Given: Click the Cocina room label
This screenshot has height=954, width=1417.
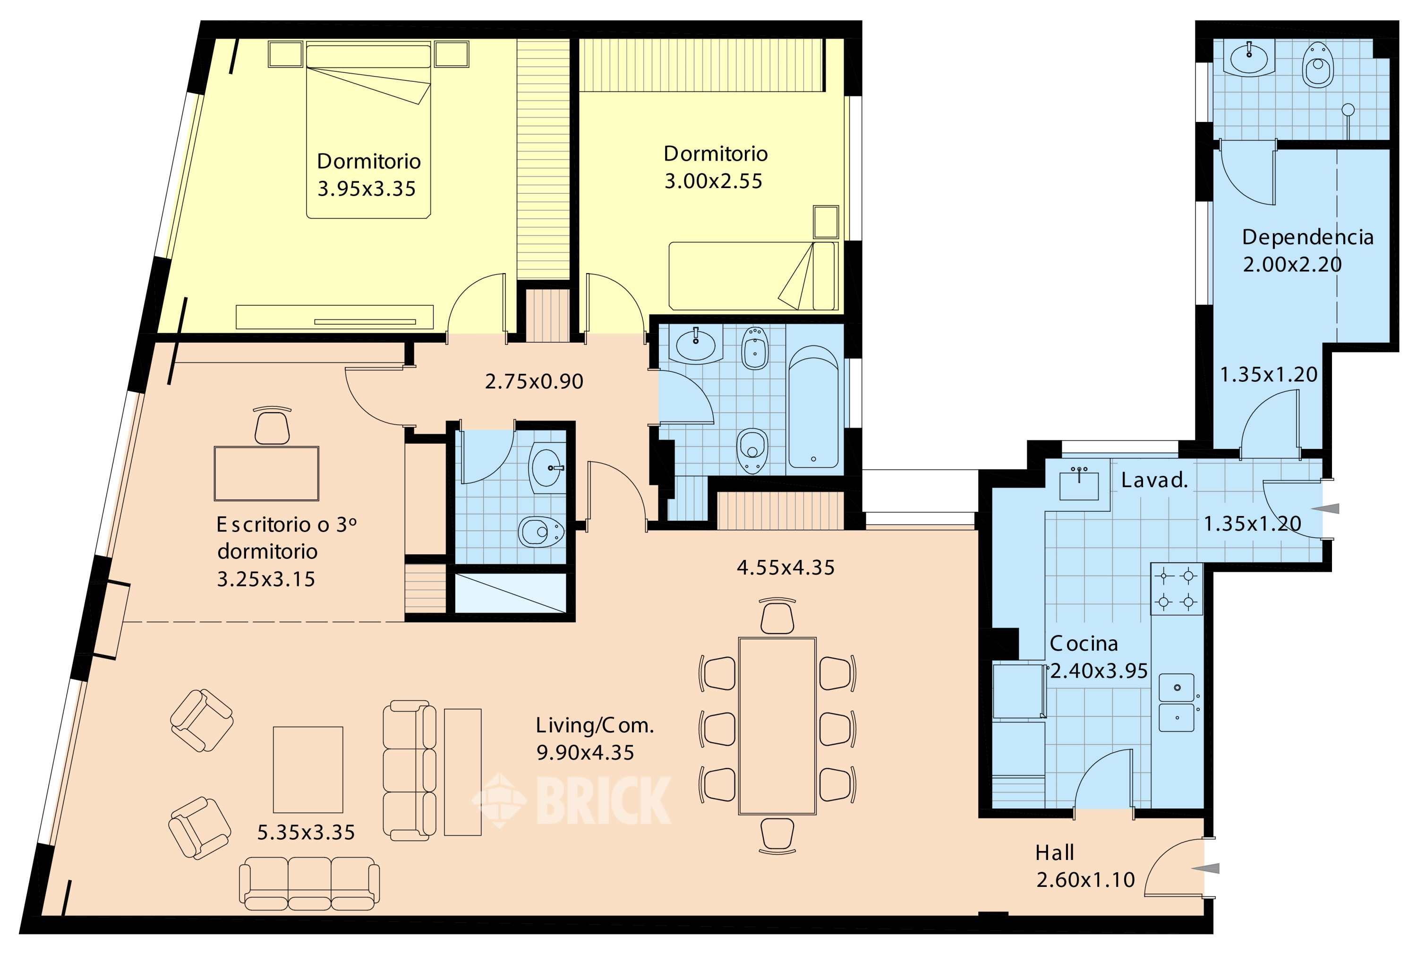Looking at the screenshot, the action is click(1084, 643).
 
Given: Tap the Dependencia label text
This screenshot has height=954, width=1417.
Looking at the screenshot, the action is click(1307, 237).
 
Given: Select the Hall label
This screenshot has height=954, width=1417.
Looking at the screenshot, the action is click(1055, 853).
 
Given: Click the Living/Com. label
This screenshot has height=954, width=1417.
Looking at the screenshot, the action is click(595, 725).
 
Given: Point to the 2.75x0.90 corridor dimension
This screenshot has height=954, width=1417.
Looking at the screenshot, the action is click(534, 381).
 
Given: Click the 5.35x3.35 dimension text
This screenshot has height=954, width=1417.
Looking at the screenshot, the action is click(306, 832).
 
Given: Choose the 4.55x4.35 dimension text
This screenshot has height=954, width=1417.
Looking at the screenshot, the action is click(786, 567).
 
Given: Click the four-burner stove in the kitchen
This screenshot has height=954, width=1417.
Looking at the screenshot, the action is click(1177, 589).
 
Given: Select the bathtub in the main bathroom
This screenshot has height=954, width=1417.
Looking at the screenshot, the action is click(813, 411).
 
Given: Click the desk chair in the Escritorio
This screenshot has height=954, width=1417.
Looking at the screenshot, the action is click(272, 425).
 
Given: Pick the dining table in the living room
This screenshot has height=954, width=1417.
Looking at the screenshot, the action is click(777, 726).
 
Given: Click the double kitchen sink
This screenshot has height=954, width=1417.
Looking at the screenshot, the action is click(1177, 703).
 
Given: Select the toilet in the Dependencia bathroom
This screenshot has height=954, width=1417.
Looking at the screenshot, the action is click(1318, 65).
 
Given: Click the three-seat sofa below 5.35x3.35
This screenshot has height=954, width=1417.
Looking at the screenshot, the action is click(309, 884).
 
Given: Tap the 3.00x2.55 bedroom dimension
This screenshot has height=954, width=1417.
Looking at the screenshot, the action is click(713, 181).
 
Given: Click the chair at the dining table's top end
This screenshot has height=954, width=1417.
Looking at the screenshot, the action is click(777, 616).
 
